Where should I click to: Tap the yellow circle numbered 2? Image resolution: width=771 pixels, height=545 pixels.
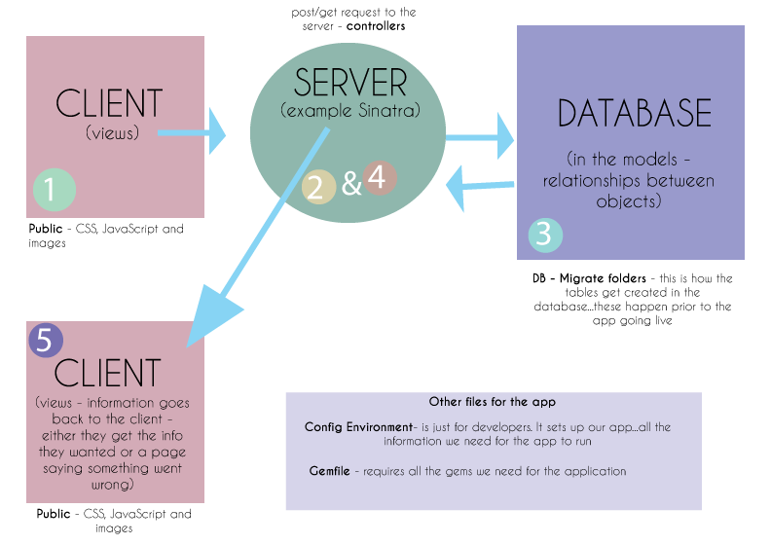pos(317,185)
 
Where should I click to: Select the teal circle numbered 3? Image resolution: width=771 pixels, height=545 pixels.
pos(545,235)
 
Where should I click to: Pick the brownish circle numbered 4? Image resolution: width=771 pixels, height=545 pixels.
pos(379,178)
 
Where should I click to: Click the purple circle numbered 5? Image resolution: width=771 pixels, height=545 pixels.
pos(45,340)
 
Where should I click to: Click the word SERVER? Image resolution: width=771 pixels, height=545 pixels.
pos(350,82)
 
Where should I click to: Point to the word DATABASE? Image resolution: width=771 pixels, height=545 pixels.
pos(635,114)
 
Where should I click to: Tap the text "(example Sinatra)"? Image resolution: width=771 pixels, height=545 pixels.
pos(350,111)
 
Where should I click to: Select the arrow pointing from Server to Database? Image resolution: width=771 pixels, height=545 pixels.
pos(481,136)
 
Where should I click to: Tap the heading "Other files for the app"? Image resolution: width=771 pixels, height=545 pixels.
pos(492,402)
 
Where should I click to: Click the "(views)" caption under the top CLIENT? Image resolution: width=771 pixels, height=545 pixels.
pos(112,132)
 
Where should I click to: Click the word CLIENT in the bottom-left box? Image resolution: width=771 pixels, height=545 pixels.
pos(107,373)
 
